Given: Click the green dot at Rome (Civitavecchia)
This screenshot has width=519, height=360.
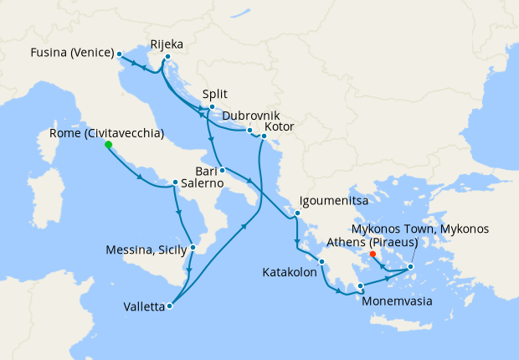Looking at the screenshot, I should [x=108, y=145].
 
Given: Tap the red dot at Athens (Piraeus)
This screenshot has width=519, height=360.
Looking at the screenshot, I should [x=373, y=255].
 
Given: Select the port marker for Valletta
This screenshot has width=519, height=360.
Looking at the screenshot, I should [x=169, y=306].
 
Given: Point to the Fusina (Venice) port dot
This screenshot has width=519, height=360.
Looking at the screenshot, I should [x=120, y=54].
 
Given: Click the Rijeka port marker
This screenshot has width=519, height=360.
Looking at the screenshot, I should [x=167, y=57].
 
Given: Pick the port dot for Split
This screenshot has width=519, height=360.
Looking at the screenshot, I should [x=212, y=107].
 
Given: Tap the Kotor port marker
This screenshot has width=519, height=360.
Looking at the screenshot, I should [x=264, y=135].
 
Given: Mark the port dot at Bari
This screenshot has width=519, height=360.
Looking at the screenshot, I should [x=222, y=170].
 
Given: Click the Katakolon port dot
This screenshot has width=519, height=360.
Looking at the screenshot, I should [x=321, y=272].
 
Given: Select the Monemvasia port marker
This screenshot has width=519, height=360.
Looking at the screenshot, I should [x=360, y=286].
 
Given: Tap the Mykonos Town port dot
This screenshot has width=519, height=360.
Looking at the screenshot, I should [x=410, y=268].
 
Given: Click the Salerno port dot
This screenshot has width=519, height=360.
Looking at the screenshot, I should [x=174, y=183].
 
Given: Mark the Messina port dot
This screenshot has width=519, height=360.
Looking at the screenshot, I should [x=193, y=247].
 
